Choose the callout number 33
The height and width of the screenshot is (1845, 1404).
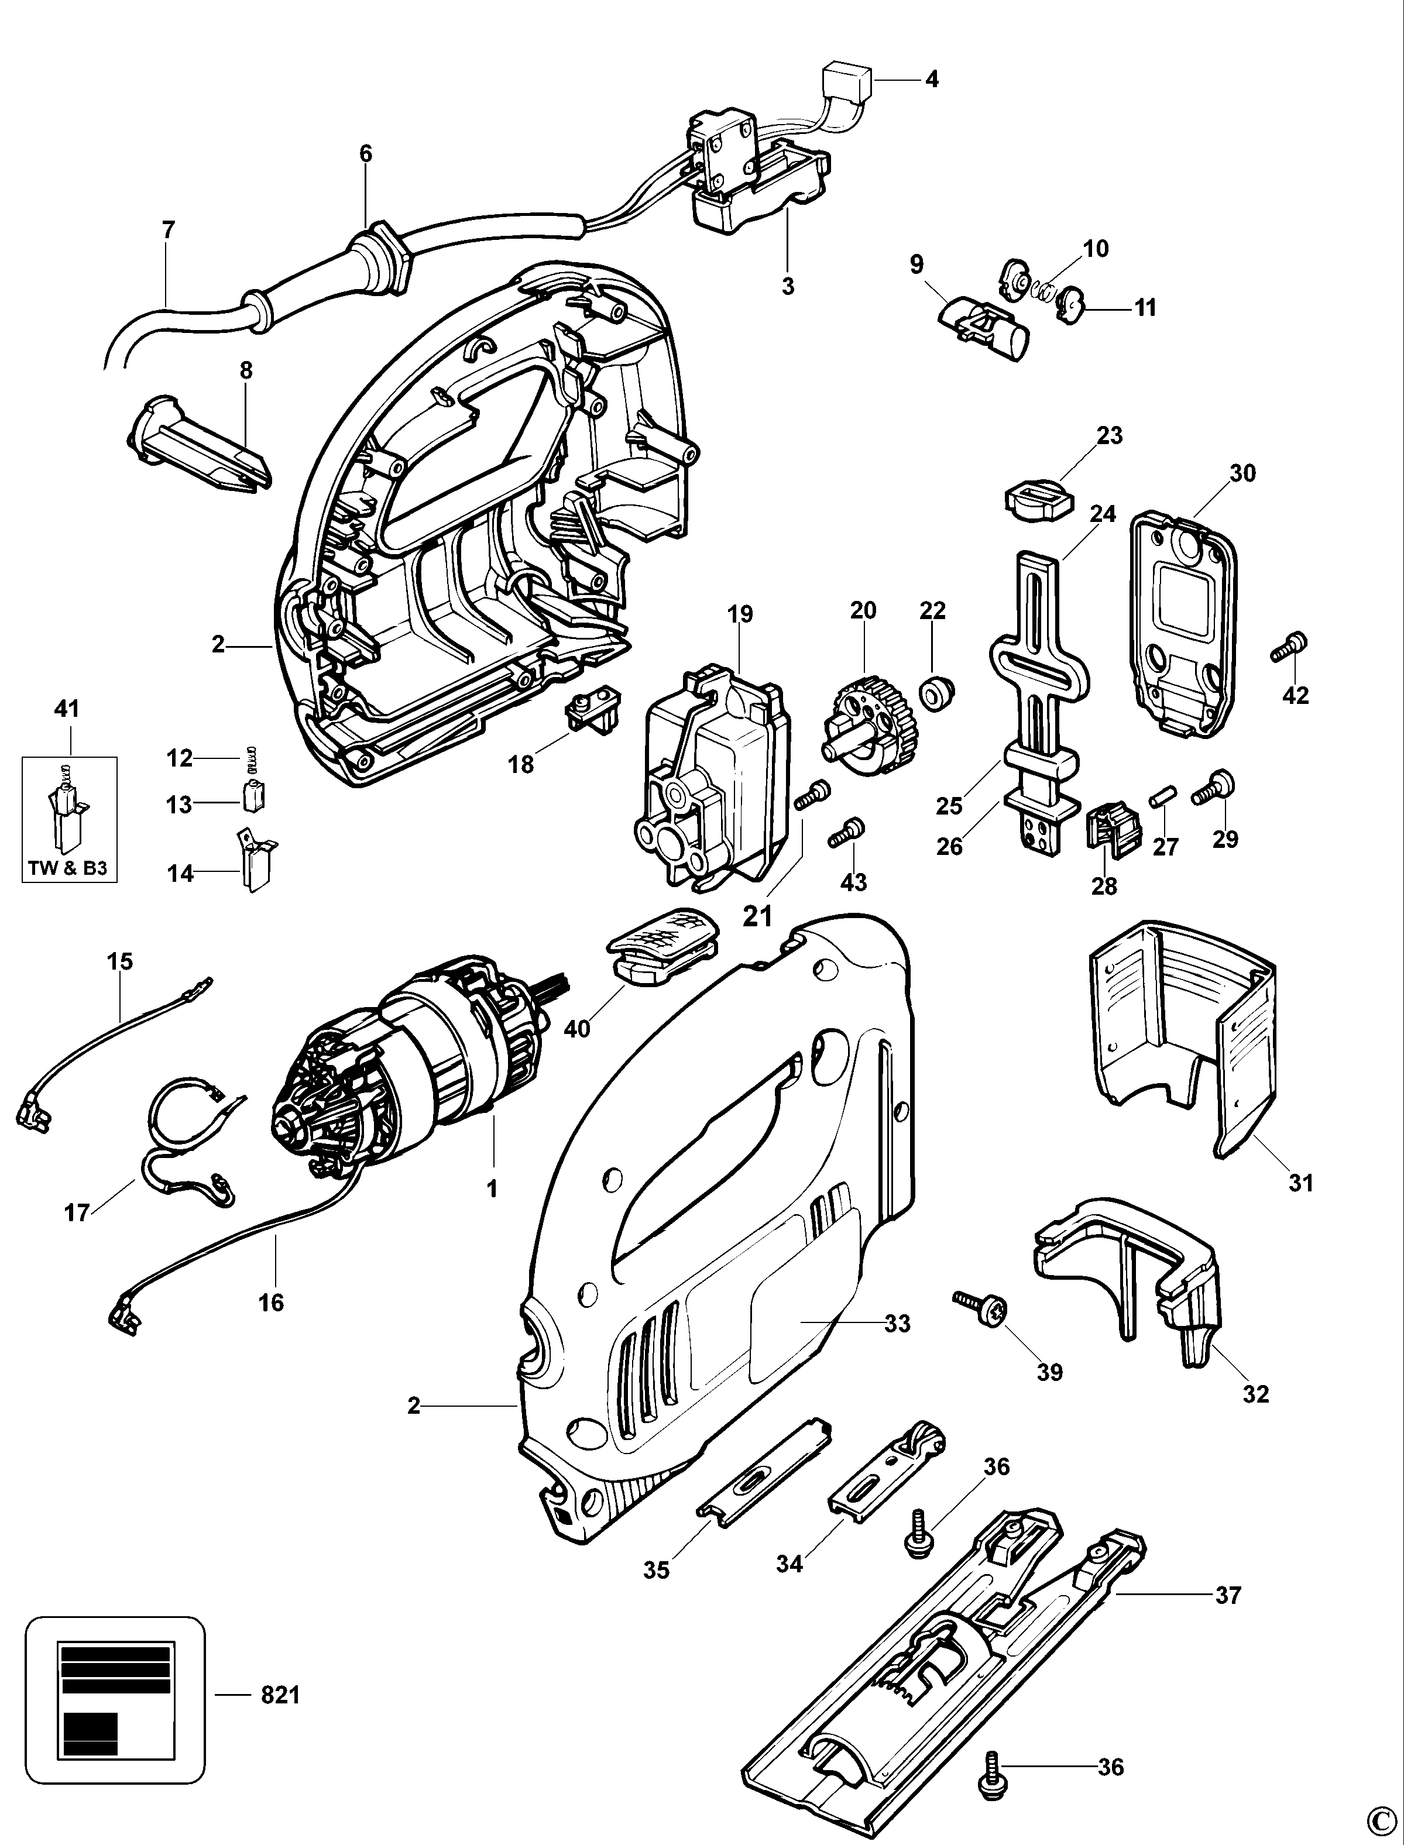897,1323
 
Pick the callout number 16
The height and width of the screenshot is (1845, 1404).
271,1302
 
